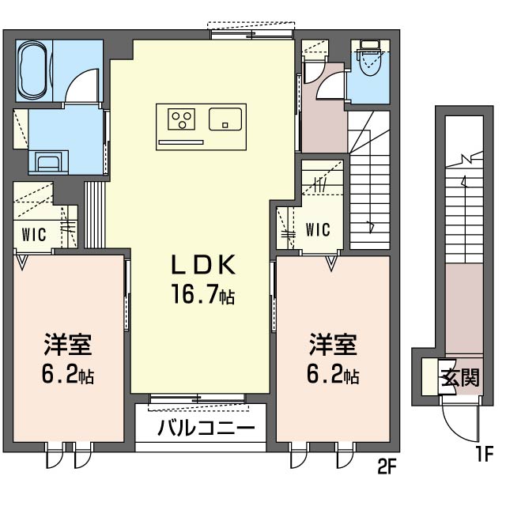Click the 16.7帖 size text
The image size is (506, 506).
[x=201, y=296]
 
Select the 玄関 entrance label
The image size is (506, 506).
[x=459, y=377]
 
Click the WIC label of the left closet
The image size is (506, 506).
[x=33, y=235]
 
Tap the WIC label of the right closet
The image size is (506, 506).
[x=317, y=230]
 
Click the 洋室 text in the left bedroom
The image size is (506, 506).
[x=66, y=346]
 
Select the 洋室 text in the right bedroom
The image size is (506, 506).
[x=332, y=346]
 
